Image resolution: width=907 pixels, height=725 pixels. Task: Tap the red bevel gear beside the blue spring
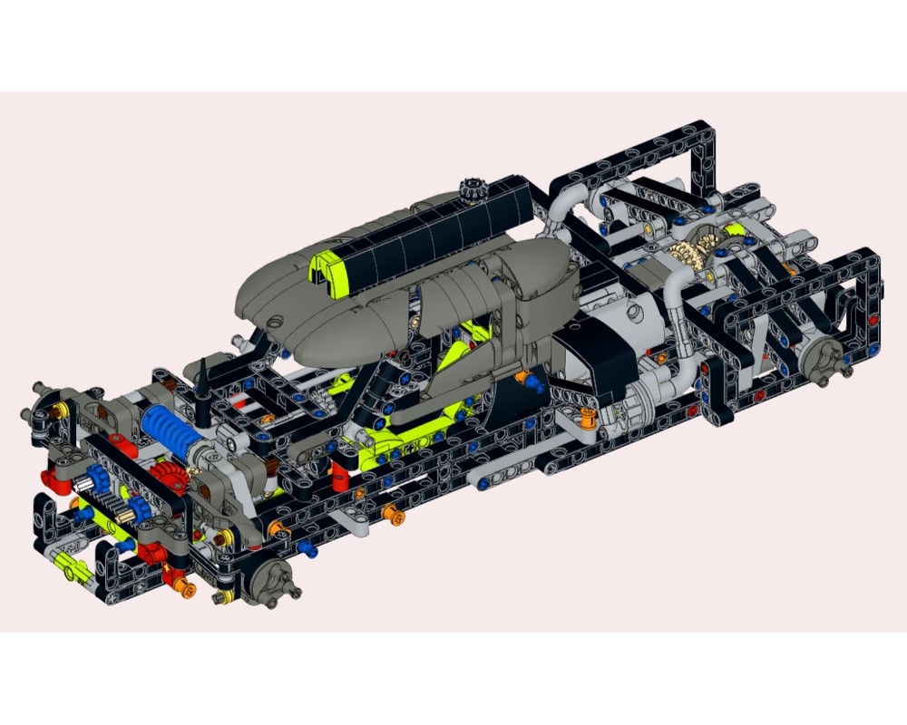click(x=166, y=474)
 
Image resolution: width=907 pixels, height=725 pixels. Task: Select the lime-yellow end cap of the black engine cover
click(x=328, y=273)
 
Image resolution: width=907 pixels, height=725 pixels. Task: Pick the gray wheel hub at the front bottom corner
click(x=268, y=579)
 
